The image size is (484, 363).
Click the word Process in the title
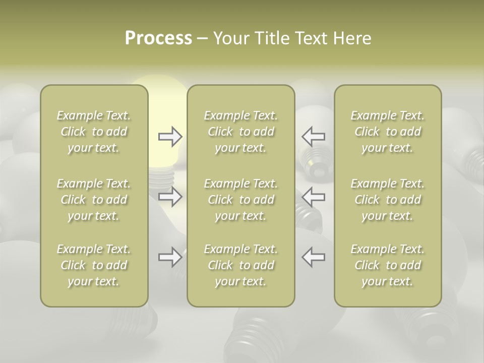pos(158,38)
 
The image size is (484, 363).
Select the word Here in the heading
pos(352,38)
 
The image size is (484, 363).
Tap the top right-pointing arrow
pos(170,137)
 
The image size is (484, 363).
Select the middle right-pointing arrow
pos(170,197)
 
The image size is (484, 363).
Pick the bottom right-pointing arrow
pos(170,258)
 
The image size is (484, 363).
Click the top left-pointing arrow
pos(314,137)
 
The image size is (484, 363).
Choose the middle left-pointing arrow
pos(314,197)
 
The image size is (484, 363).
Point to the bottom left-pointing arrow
pos(314,257)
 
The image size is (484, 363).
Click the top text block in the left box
pos(94,132)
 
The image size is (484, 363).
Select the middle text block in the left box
pos(94,200)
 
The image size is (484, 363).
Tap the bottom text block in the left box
pos(94,265)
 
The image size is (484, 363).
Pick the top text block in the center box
pos(241,132)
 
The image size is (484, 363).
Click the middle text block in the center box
pos(241,200)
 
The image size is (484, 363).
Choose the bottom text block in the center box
pos(241,265)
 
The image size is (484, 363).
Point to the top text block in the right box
pos(388,132)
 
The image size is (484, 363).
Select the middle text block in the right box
pos(388,200)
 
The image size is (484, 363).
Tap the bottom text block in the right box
pos(388,265)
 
